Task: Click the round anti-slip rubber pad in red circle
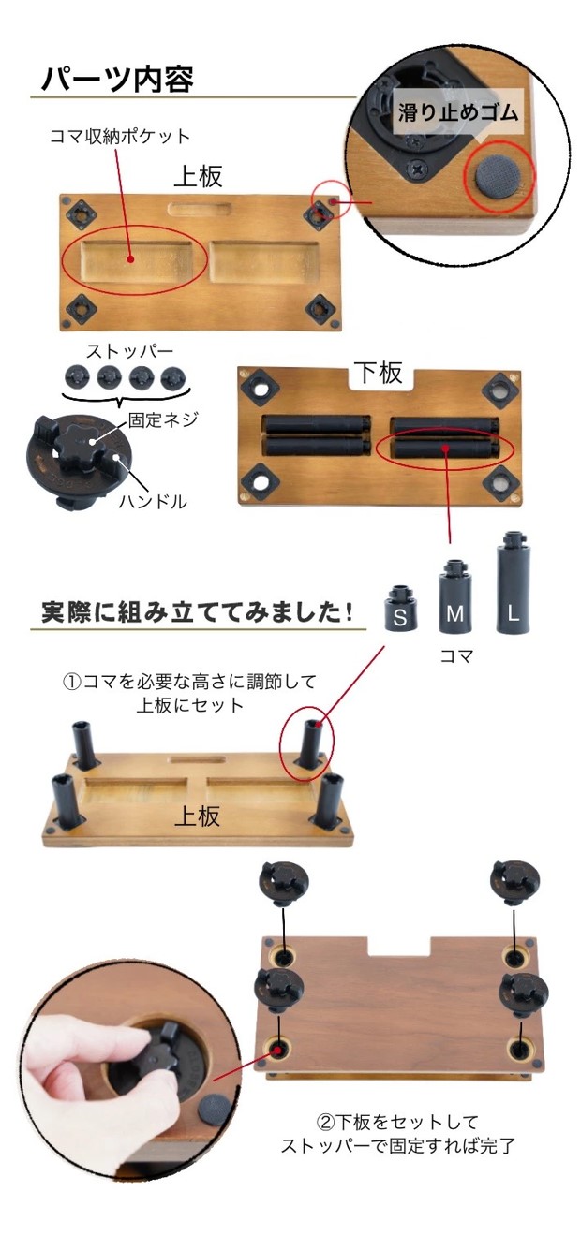(x=499, y=174)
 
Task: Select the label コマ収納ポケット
(x=119, y=137)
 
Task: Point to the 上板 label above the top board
(x=198, y=177)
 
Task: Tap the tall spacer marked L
(x=512, y=584)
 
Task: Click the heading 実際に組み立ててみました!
(x=197, y=611)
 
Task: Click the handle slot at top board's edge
(x=196, y=208)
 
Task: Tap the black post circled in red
(x=310, y=740)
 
